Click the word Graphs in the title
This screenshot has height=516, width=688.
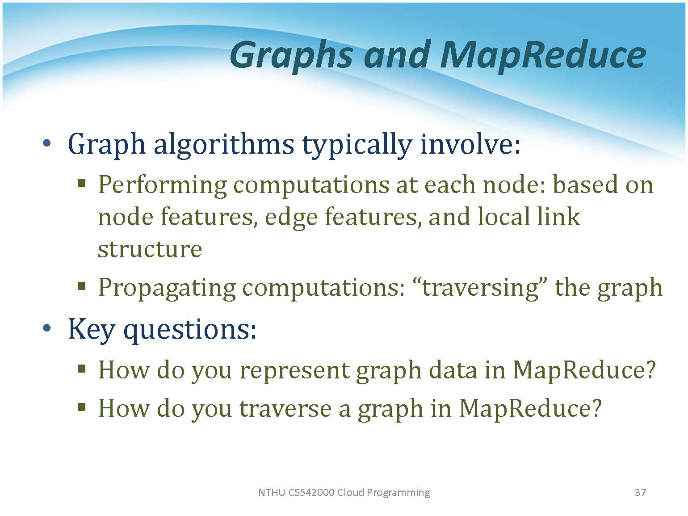pyautogui.click(x=291, y=56)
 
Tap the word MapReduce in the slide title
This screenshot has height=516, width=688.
pyautogui.click(x=542, y=56)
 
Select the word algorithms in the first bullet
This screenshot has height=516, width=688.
pyautogui.click(x=224, y=144)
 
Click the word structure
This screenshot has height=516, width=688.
pyautogui.click(x=150, y=249)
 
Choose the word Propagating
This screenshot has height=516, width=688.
pyautogui.click(x=167, y=288)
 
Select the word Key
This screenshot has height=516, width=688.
pyautogui.click(x=91, y=330)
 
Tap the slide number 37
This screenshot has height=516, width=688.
pyautogui.click(x=640, y=492)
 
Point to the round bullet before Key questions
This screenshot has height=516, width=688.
pyautogui.click(x=47, y=328)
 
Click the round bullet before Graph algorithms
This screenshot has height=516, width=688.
pyautogui.click(x=47, y=143)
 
